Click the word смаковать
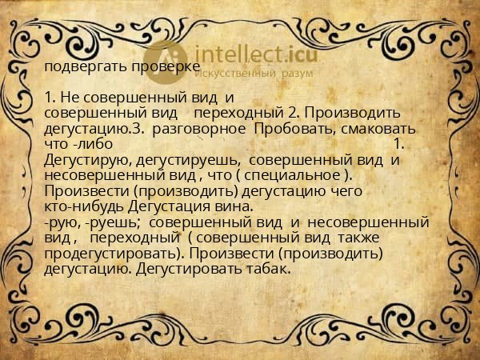coord(363,128)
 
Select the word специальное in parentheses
coord(301,175)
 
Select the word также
coord(358,238)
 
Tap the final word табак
coord(270,269)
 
